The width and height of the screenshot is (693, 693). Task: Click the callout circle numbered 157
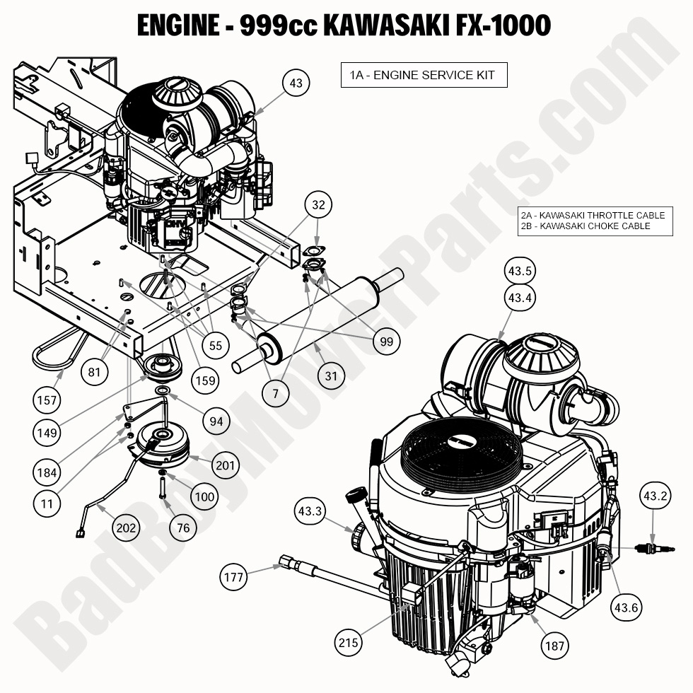click(46, 400)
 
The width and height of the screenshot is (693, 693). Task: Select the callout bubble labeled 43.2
click(654, 496)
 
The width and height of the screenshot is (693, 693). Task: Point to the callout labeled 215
click(349, 643)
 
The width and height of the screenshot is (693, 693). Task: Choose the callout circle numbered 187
click(554, 644)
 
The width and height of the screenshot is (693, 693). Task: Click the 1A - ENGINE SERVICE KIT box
click(424, 75)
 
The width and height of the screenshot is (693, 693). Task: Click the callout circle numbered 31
click(332, 376)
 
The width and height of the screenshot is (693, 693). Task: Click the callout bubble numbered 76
click(183, 528)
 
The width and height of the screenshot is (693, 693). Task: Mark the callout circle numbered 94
click(215, 421)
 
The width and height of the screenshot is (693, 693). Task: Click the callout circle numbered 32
click(319, 206)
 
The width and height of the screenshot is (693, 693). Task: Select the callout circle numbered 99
click(385, 341)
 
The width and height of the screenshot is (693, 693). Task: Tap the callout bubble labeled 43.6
click(627, 607)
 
